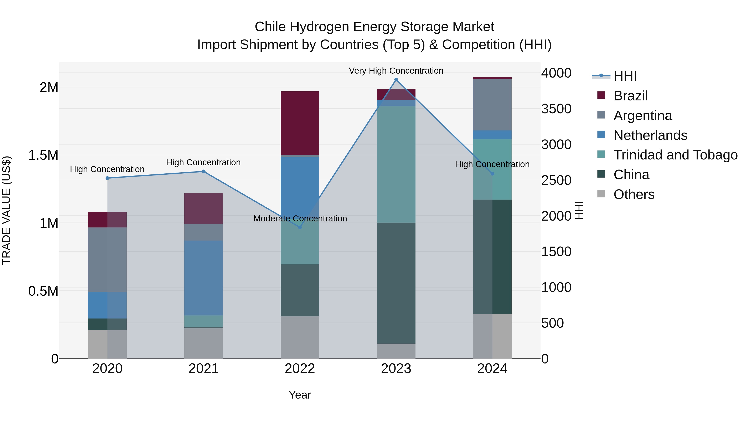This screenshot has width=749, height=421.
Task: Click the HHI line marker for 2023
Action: (x=396, y=80)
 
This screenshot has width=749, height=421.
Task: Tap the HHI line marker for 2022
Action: (x=300, y=227)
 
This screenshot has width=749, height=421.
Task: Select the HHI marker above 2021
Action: (x=203, y=172)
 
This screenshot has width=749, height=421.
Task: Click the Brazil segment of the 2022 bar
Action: (x=300, y=123)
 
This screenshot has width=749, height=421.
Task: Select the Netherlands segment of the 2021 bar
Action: (x=203, y=278)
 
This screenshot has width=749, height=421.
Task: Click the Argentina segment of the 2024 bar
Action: (x=492, y=105)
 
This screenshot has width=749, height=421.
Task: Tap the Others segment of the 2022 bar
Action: (x=300, y=337)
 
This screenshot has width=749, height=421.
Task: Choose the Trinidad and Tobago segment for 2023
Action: (x=396, y=164)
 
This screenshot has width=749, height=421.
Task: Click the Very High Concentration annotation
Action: (x=396, y=71)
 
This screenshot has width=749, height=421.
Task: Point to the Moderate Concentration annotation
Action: (x=300, y=219)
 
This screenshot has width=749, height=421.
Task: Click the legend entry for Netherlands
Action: (x=650, y=135)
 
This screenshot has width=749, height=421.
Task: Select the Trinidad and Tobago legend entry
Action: (x=675, y=155)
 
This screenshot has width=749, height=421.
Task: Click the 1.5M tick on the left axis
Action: (x=43, y=155)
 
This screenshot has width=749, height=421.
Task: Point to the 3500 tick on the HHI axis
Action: (x=556, y=109)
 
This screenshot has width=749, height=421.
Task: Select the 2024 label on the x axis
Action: (x=492, y=369)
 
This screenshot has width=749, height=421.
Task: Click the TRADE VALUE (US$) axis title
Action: (x=7, y=210)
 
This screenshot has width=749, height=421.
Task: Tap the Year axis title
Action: (x=300, y=395)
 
